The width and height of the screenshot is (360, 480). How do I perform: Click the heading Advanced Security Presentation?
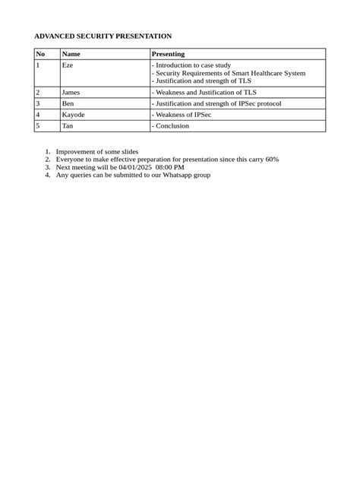[103, 36]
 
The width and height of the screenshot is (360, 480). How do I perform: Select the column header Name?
[71, 54]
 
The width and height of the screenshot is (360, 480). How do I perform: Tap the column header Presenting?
[168, 54]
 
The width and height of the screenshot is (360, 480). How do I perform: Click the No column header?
[41, 54]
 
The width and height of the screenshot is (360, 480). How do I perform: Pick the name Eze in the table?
[67, 65]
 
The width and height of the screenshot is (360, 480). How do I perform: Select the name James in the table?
[71, 92]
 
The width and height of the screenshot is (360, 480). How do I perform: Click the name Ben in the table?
[68, 103]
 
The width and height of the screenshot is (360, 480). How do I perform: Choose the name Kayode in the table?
[73, 115]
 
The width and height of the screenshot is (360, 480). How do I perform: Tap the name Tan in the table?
[67, 126]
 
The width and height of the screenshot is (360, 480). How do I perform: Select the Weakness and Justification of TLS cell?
[204, 92]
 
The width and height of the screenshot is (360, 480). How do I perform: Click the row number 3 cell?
[37, 103]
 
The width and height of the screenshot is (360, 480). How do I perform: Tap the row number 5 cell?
[37, 126]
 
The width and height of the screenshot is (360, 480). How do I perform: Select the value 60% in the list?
[272, 159]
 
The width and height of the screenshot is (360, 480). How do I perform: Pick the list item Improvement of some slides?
[97, 152]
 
